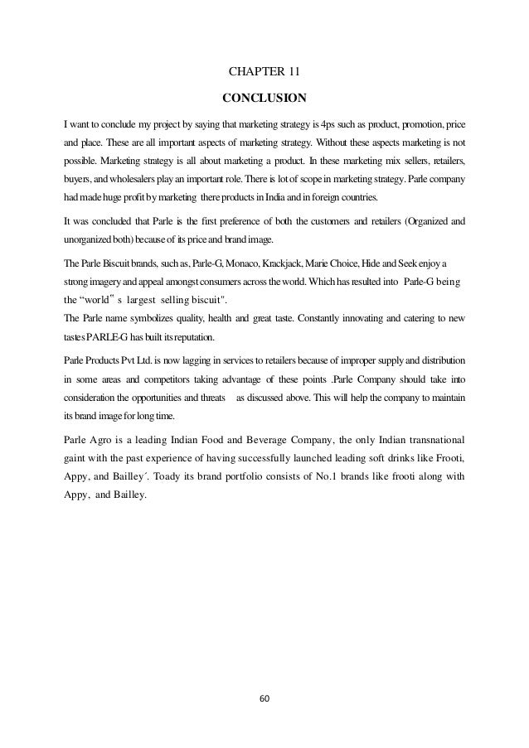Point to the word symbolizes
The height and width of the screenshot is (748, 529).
159,318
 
